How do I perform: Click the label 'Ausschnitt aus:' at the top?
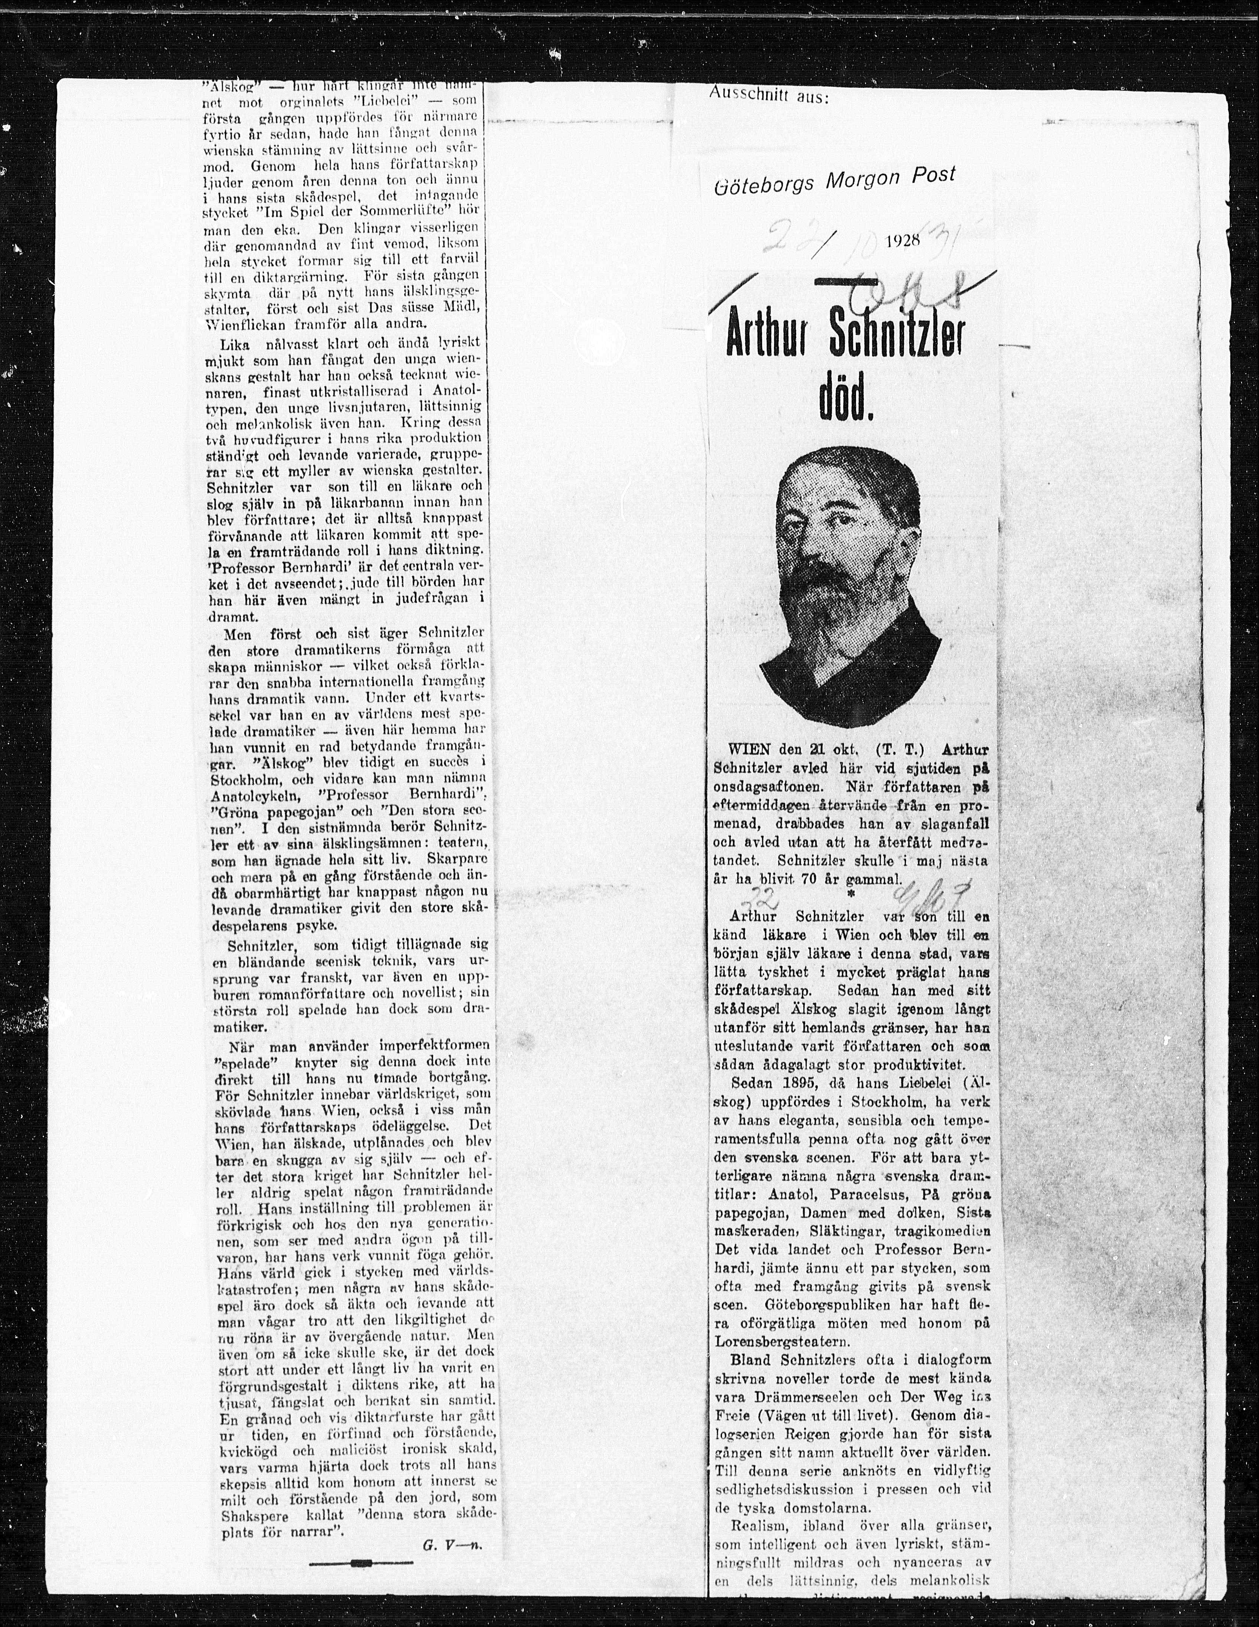coord(767,95)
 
